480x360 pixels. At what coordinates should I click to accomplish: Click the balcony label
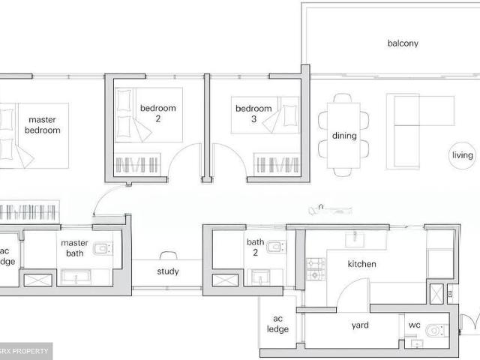pos(403,43)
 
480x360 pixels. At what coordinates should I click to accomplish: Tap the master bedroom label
pos(42,124)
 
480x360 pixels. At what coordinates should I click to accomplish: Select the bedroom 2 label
pos(157,113)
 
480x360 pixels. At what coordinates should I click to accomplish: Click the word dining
pos(344,136)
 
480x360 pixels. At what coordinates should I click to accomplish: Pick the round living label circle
pos(463,155)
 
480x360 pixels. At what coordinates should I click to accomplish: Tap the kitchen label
pos(361,264)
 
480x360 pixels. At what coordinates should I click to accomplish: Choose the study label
pos(168,271)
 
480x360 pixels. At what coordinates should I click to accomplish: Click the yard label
pos(361,325)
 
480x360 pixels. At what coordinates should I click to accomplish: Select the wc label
pos(415,325)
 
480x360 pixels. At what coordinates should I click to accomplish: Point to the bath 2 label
pos(256,247)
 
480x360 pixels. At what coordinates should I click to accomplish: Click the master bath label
pos(74,248)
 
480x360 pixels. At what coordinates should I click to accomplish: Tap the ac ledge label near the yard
pos(277,324)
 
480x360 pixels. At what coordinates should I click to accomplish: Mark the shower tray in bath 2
pos(225,280)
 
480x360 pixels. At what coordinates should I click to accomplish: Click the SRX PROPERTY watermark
pos(25,351)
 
